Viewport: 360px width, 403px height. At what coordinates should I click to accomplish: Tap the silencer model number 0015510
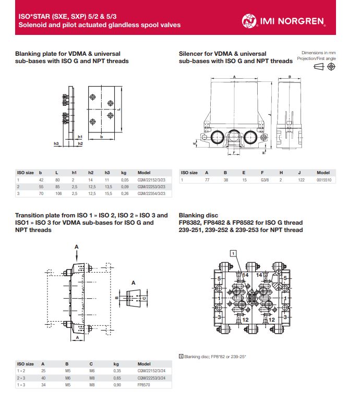pyautogui.click(x=325, y=180)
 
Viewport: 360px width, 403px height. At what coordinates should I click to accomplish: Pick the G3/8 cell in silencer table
pyautogui.click(x=264, y=180)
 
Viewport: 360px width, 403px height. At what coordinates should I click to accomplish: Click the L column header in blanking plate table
pyautogui.click(x=56, y=172)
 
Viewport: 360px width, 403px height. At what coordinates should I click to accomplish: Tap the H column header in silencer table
pyautogui.click(x=281, y=172)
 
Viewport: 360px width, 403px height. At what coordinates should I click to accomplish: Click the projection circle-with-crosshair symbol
pyautogui.click(x=331, y=67)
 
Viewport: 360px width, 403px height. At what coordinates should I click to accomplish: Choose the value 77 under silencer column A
pyautogui.click(x=207, y=180)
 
